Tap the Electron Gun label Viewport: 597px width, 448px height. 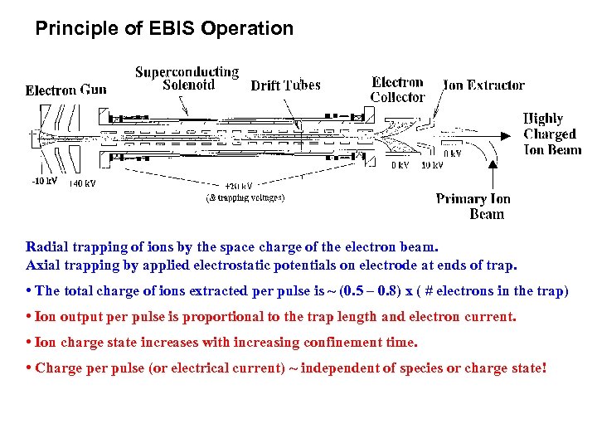[x=66, y=90]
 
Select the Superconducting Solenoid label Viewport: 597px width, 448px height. [x=187, y=78]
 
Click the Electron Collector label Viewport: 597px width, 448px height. [x=397, y=89]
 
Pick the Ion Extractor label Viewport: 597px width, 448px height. [x=483, y=85]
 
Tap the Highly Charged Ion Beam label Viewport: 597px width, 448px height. [x=551, y=134]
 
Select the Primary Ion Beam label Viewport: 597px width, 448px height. [x=473, y=206]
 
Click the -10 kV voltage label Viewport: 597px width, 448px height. [x=44, y=181]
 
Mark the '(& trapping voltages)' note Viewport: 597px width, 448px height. [x=245, y=197]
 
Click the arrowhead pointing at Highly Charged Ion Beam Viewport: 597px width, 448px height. [x=505, y=134]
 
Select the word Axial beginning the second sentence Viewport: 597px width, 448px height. [x=44, y=265]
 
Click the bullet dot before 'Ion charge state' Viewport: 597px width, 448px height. [x=29, y=342]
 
